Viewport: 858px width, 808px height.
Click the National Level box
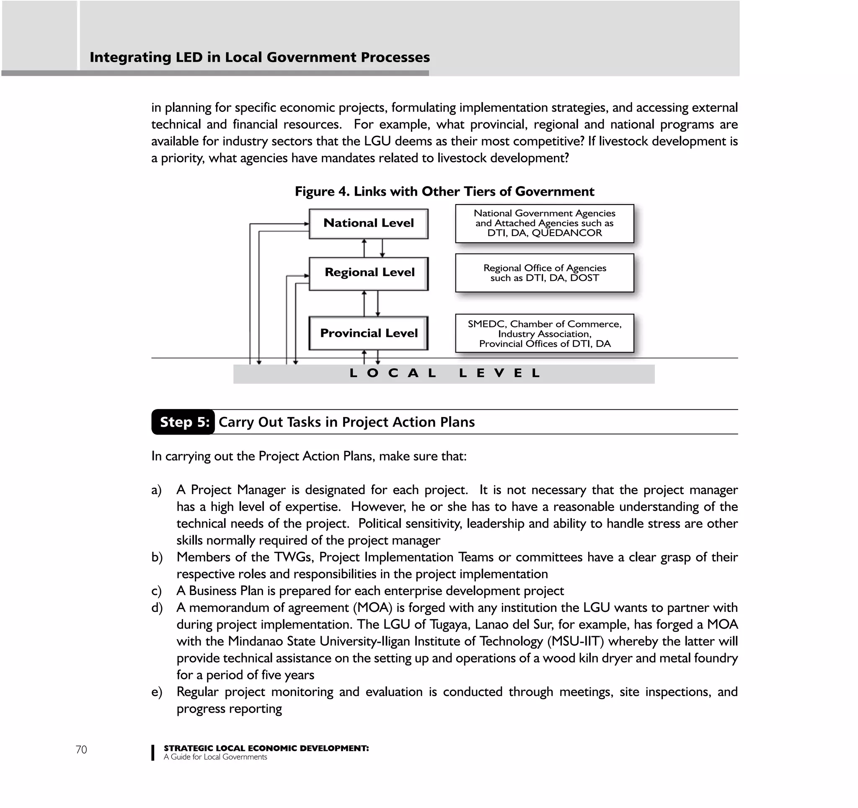click(x=368, y=223)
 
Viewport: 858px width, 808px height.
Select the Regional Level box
click(x=368, y=273)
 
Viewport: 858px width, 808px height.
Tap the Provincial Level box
click(x=368, y=333)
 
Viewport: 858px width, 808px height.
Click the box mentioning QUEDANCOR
click(x=544, y=223)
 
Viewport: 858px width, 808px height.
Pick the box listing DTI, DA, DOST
click(x=544, y=273)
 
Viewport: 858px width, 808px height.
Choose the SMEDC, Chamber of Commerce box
click(x=544, y=333)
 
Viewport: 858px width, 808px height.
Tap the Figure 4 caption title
click(x=444, y=191)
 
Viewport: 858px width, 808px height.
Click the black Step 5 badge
click(x=184, y=422)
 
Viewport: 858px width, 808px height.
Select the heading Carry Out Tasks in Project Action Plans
click(x=346, y=422)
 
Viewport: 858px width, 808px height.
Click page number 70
click(x=81, y=750)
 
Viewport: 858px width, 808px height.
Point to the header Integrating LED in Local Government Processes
click(x=259, y=57)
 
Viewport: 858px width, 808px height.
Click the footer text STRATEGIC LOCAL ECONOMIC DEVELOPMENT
click(x=266, y=748)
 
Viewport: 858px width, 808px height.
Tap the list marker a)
click(x=156, y=490)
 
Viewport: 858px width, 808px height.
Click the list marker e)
click(x=156, y=692)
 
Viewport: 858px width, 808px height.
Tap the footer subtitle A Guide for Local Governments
click(x=215, y=757)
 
